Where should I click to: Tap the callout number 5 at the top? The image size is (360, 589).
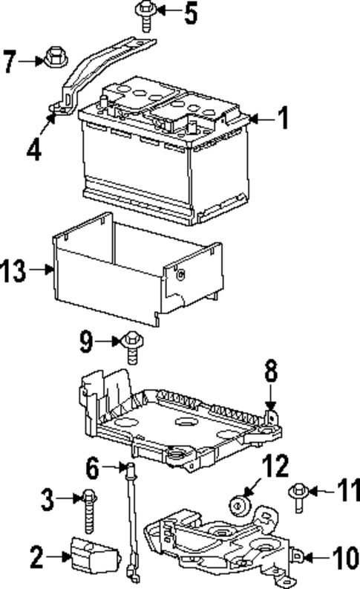pyautogui.click(x=191, y=13)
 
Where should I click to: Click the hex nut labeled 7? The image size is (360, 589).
pyautogui.click(x=54, y=56)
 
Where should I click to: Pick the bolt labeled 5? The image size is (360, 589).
pyautogui.click(x=144, y=13)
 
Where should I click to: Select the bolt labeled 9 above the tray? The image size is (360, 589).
pyautogui.click(x=132, y=343)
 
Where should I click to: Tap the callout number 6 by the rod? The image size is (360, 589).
pyautogui.click(x=93, y=469)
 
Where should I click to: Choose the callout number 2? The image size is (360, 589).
pyautogui.click(x=36, y=555)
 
